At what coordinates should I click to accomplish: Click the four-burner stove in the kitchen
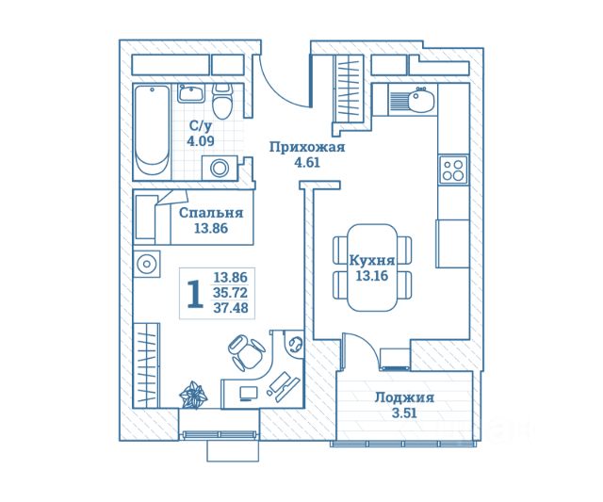[x=452, y=170]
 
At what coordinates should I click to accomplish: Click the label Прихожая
[x=306, y=147]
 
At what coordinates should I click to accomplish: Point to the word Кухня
[x=372, y=259]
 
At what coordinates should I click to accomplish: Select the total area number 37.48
[x=231, y=307]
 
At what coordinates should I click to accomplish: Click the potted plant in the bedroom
[x=194, y=394]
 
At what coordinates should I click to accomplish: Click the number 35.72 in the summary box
[x=231, y=292]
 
